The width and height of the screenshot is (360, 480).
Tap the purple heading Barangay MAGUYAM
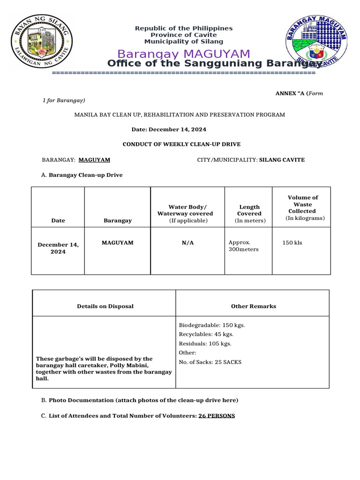184,54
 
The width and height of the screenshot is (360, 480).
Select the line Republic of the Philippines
184,29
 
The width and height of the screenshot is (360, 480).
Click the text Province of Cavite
184,35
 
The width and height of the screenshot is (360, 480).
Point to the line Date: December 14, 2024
169,129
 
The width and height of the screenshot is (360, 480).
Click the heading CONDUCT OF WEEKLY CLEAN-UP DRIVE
181,144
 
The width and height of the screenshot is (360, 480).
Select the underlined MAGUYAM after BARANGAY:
94,160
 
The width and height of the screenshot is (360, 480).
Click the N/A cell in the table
187,243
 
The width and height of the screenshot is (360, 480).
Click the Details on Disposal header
105,306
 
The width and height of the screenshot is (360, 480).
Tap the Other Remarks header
253,306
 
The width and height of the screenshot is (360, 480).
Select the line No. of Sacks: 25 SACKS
210,362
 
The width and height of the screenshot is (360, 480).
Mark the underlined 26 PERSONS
217,416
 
